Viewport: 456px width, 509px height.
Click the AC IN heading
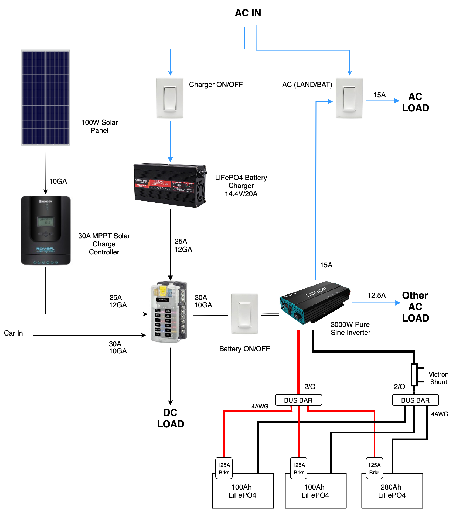(248, 13)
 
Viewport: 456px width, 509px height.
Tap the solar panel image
(45, 98)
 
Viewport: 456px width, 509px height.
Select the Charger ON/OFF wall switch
(170, 98)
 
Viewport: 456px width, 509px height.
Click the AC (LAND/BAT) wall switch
(349, 98)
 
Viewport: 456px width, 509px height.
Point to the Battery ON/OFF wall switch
(244, 314)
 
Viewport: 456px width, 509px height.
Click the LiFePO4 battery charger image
(170, 185)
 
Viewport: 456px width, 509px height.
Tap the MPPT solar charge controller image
(46, 230)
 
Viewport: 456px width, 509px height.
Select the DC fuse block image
(169, 312)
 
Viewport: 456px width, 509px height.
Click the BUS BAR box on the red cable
(298, 400)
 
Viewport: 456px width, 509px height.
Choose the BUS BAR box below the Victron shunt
(415, 400)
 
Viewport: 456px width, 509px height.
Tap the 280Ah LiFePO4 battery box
(392, 491)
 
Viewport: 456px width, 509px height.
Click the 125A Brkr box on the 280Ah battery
(374, 468)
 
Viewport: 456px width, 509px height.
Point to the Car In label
(13, 333)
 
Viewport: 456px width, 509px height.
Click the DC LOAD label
(171, 418)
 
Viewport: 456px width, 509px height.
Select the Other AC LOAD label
(415, 307)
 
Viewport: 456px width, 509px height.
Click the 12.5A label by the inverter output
(376, 295)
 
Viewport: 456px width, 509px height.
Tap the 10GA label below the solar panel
(58, 181)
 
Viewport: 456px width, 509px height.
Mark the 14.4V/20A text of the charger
(241, 194)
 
